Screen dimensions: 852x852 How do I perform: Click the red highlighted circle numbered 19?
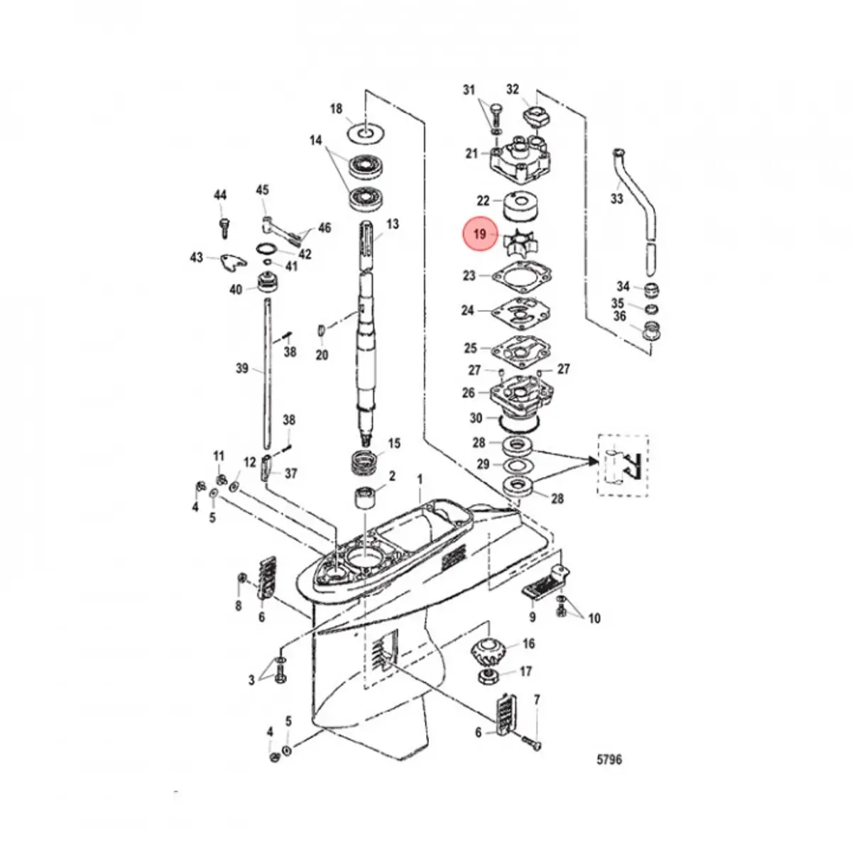481,234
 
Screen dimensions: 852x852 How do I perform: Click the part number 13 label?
392,224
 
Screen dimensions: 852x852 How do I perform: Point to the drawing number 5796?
608,760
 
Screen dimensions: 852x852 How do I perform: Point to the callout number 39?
242,368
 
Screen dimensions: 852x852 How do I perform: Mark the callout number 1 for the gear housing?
419,481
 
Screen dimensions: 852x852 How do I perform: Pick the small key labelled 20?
321,331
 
